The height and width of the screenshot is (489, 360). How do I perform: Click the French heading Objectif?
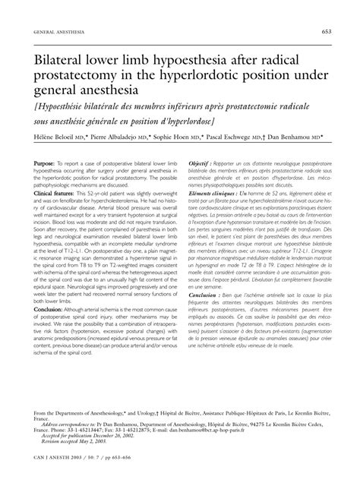(x=201, y=185)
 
